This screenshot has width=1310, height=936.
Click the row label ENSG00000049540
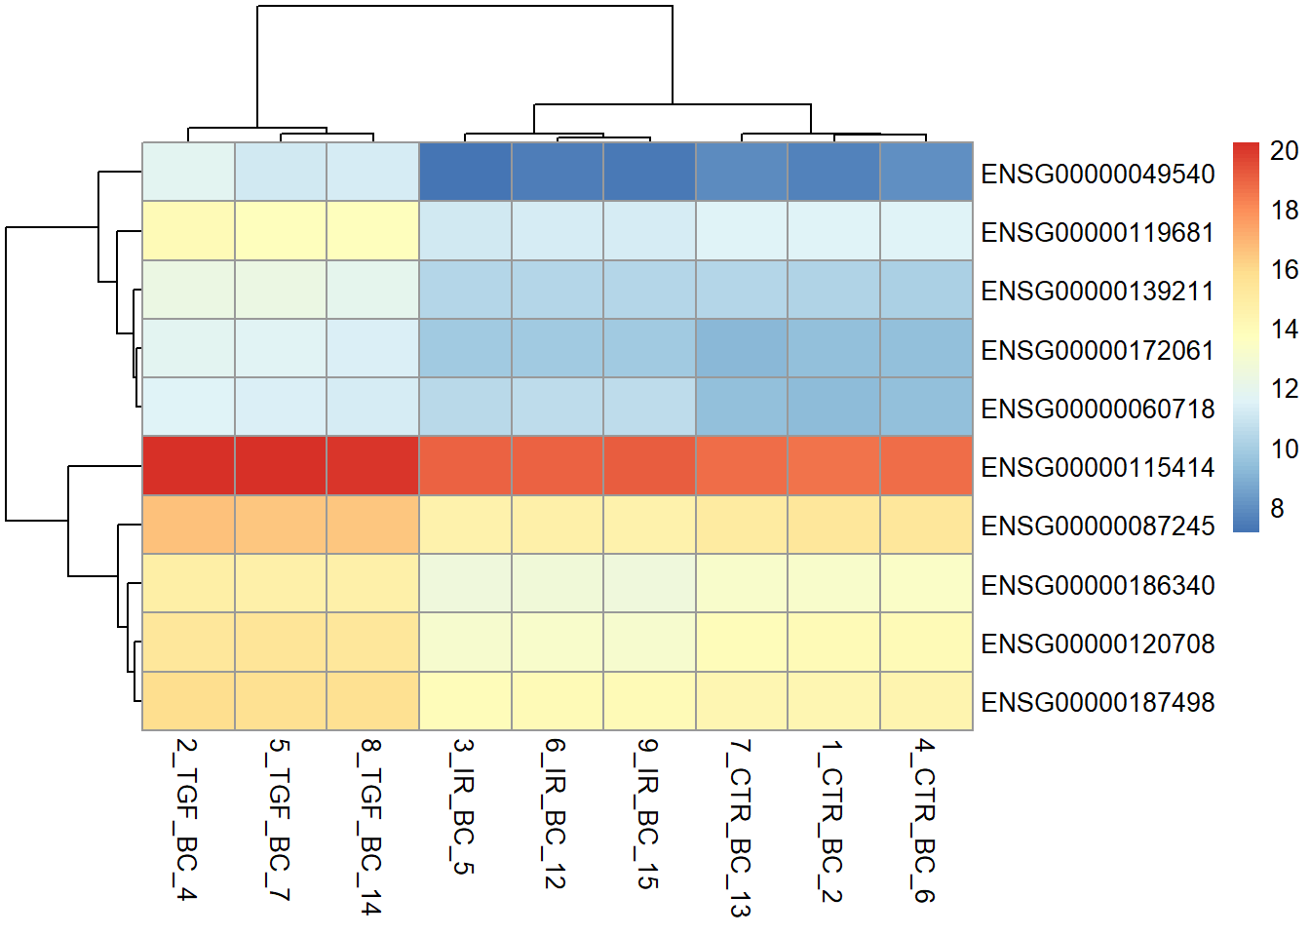1098,175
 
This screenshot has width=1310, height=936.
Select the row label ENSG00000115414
1098,468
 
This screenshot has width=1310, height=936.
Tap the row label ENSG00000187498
1098,703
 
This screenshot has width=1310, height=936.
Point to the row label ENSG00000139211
1098,292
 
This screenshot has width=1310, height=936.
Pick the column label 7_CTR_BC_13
740,828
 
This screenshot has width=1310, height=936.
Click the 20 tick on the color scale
1284,151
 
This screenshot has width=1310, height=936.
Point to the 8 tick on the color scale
1277,509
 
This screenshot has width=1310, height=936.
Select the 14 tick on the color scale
1284,330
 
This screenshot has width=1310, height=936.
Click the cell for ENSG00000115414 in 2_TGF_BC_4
188,466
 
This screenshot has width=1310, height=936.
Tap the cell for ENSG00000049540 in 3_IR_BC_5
465,173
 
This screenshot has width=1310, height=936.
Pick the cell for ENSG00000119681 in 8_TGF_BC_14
372,231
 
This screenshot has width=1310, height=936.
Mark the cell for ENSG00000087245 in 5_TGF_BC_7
281,525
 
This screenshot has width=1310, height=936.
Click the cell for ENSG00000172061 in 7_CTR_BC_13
742,348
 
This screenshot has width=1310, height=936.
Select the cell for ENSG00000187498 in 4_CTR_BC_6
926,701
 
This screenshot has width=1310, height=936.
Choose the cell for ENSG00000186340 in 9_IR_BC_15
649,583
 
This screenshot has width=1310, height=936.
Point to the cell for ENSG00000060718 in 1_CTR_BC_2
833,407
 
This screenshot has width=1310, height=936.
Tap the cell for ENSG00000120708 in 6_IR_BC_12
558,643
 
